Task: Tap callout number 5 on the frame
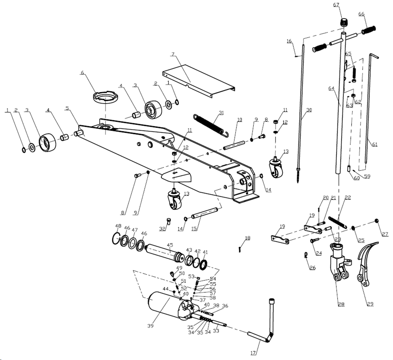coord(67,108)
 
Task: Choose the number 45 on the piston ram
coord(170,245)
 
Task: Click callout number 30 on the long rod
coord(309,110)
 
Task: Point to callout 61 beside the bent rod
coord(375,144)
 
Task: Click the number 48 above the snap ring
coord(118,226)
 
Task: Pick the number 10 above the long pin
coord(239,120)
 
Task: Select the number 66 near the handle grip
coord(361,14)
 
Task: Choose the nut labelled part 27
coord(377,221)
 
